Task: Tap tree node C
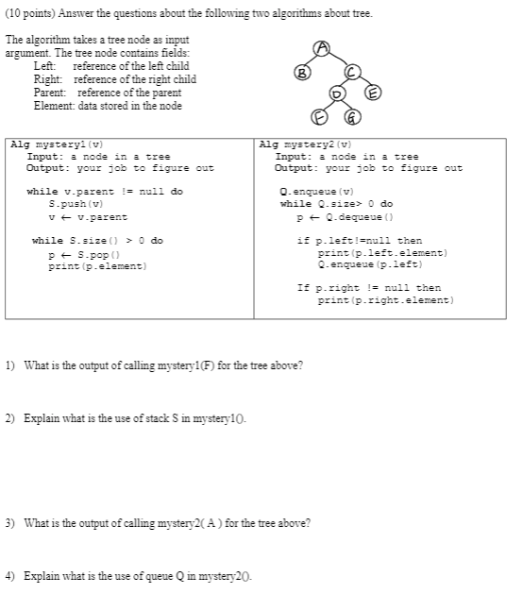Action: click(x=349, y=71)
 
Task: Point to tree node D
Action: click(x=337, y=93)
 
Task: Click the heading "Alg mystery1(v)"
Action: click(x=56, y=144)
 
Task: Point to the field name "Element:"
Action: click(x=54, y=106)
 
